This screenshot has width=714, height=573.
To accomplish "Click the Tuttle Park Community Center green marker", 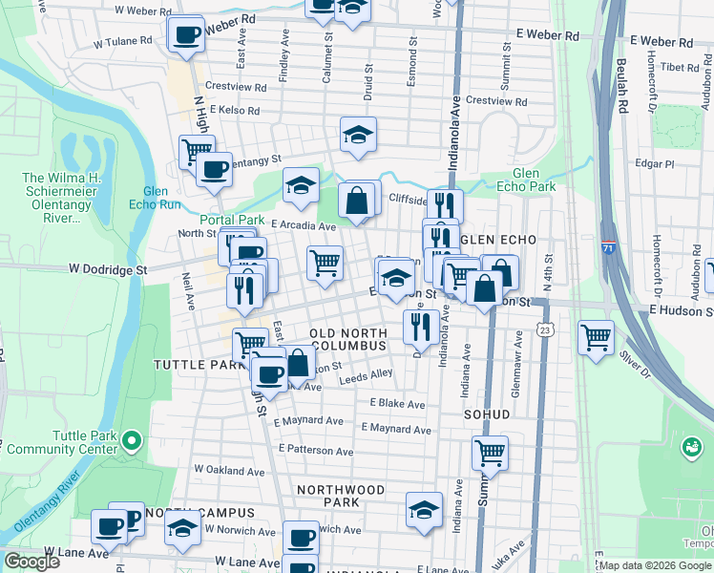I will point(133,440).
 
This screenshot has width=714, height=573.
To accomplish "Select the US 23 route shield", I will point(543,329).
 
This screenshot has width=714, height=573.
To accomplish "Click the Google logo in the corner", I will point(31,562).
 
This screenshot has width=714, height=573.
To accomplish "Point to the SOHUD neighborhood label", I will point(487,415).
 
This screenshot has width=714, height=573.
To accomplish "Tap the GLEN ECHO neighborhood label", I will point(496,239).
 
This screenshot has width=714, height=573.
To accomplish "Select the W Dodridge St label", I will point(108,270).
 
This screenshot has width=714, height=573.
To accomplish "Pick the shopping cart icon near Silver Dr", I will point(596,336).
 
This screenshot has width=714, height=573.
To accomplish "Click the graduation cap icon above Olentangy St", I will point(359,135).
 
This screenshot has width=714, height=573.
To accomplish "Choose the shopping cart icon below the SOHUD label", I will point(490,452).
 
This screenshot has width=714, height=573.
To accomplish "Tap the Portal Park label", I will point(231,220).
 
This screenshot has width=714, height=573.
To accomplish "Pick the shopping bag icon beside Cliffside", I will point(356,201).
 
